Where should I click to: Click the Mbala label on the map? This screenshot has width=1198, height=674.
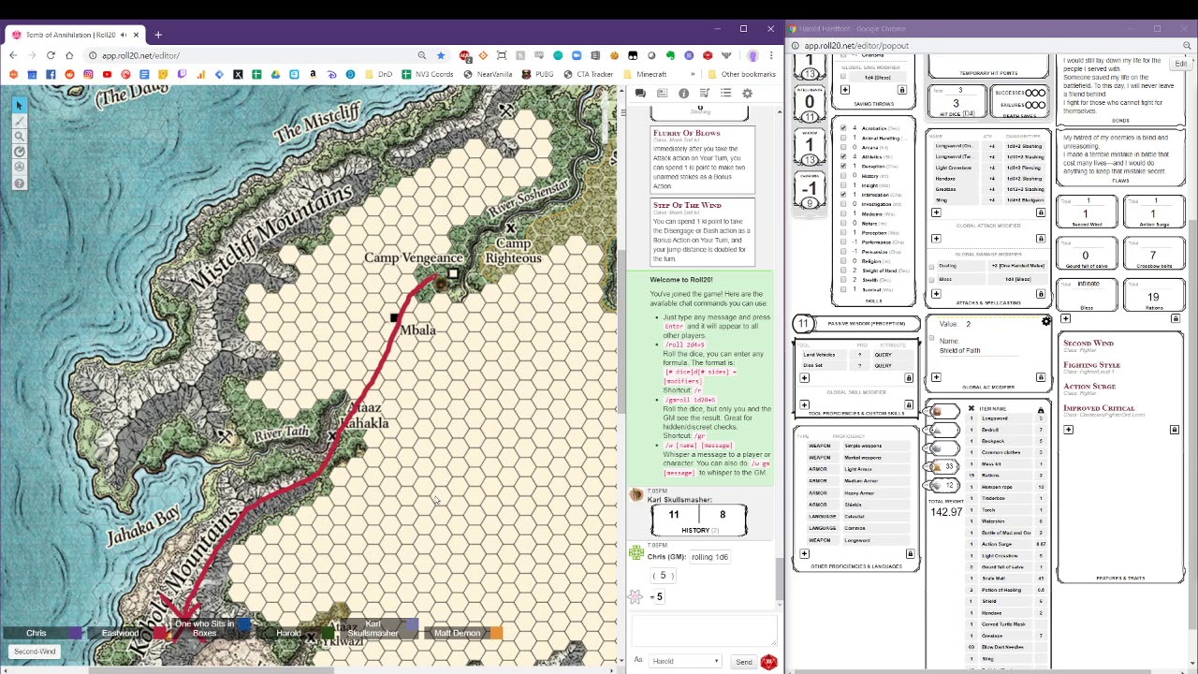[417, 330]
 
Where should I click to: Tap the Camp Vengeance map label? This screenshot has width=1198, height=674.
[413, 258]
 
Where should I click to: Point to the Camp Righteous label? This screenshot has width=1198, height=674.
[513, 252]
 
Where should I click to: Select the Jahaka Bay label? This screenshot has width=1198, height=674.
[142, 525]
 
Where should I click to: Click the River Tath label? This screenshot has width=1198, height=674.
[281, 433]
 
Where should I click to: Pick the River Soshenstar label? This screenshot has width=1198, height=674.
[529, 198]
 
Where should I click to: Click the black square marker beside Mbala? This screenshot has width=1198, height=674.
[394, 318]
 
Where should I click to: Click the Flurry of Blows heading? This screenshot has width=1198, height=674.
[686, 133]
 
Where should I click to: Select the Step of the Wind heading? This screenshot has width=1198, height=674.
[687, 205]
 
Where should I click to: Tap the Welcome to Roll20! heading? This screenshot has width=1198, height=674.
[680, 280]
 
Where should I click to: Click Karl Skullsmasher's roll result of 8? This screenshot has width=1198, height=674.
[723, 514]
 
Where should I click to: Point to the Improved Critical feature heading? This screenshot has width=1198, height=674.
[1098, 408]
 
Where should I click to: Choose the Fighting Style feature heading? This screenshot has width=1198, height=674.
[1091, 365]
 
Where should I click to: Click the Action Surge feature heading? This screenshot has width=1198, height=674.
[1088, 387]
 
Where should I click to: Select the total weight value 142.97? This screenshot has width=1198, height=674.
[946, 512]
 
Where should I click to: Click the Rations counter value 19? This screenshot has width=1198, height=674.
[1153, 297]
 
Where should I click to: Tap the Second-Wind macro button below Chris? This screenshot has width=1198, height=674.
[35, 652]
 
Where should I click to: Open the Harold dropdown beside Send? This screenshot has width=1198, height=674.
[685, 662]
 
